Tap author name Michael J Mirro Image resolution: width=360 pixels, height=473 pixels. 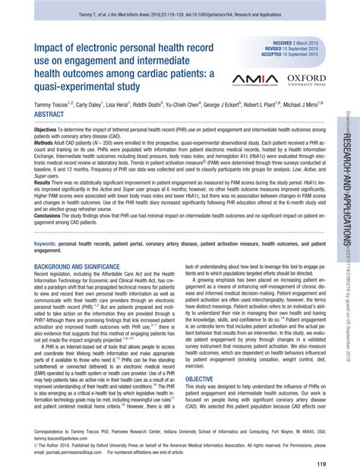click(304, 103)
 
